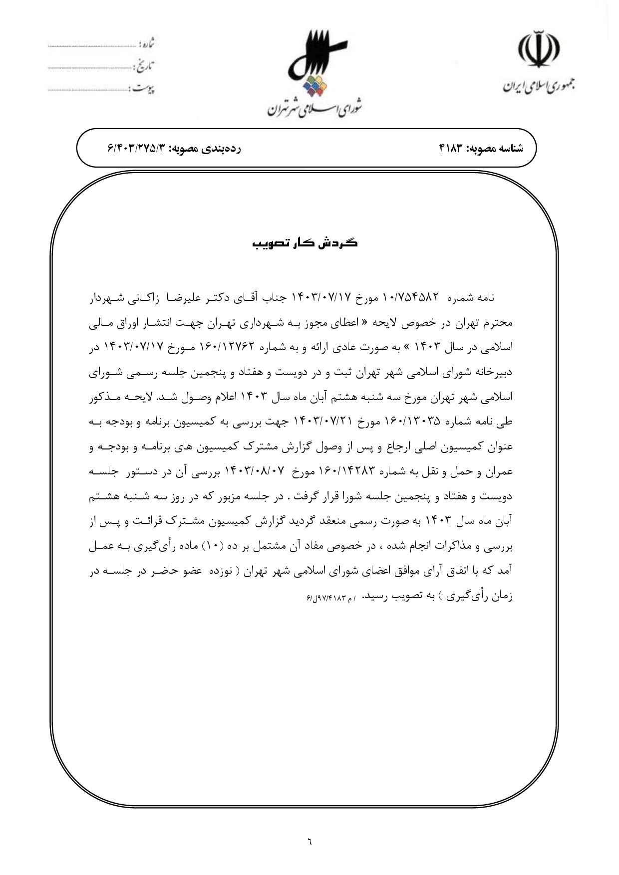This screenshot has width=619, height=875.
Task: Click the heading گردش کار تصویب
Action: click(305, 243)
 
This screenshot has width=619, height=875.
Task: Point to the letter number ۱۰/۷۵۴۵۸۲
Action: click(411, 298)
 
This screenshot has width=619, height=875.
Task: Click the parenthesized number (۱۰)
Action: click(213, 546)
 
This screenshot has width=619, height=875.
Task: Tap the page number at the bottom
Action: click(309, 842)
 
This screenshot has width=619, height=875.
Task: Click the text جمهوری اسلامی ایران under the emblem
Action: click(538, 86)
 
